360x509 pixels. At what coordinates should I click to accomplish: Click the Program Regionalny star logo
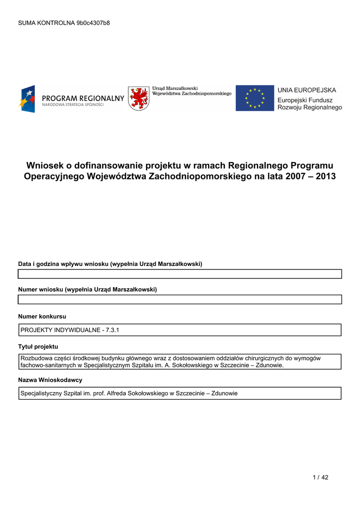pyautogui.click(x=27, y=98)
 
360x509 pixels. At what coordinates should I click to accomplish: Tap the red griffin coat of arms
pyautogui.click(x=138, y=98)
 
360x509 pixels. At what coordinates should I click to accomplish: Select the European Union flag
pyautogui.click(x=255, y=98)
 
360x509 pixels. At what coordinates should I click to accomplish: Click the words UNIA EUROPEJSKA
pyautogui.click(x=306, y=90)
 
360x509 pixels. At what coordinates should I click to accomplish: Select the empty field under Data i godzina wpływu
pyautogui.click(x=180, y=274)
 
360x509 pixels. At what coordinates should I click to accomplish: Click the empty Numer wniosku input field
pyautogui.click(x=180, y=299)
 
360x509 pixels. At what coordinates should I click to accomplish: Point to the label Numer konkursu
pyautogui.click(x=42, y=316)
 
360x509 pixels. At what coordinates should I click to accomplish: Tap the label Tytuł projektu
pyautogui.click(x=38, y=346)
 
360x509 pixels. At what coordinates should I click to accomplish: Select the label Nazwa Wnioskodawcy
pyautogui.click(x=50, y=380)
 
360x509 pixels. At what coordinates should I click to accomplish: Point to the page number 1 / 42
pyautogui.click(x=321, y=478)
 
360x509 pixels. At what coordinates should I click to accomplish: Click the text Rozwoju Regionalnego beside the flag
pyautogui.click(x=309, y=107)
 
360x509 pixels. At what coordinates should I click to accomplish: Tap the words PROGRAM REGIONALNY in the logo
pyautogui.click(x=83, y=98)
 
